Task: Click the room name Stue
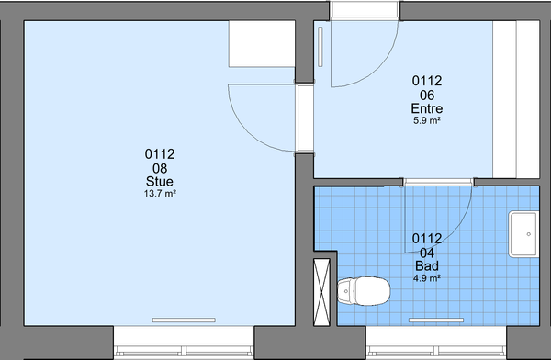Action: point(160,182)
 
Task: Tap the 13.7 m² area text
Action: point(160,194)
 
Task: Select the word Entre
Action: point(427,108)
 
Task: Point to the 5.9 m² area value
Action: point(427,120)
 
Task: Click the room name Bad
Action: point(427,265)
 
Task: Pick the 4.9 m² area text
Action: point(427,278)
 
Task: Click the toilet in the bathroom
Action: point(364,291)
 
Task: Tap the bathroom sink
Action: point(523,234)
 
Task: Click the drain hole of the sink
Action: point(529,234)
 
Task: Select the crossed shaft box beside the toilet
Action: point(321,292)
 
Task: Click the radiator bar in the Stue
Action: point(184,320)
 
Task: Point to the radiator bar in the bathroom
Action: point(436,320)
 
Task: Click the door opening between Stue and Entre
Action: point(304,118)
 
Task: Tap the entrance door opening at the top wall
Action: point(365,10)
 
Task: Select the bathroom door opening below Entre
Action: point(438,182)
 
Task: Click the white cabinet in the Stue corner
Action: point(262,43)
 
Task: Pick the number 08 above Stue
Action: point(160,168)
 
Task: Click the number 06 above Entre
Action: point(427,96)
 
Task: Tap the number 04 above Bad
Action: point(427,253)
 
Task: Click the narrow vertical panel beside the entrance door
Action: point(320,47)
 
